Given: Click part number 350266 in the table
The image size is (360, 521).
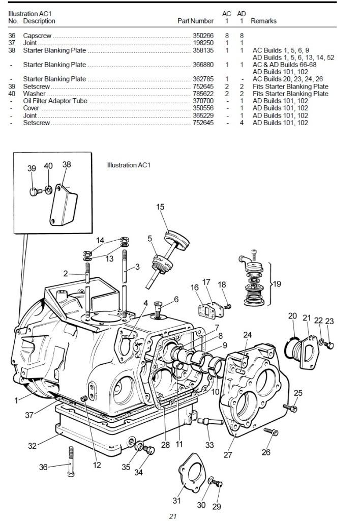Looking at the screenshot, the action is [x=203, y=36].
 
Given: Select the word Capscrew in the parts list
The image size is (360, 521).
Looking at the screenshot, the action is [x=37, y=36].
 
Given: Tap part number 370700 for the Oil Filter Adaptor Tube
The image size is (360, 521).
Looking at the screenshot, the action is [x=203, y=101].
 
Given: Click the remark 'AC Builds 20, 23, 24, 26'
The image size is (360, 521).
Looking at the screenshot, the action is [x=288, y=79].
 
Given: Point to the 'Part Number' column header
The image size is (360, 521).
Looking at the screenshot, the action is [x=195, y=21].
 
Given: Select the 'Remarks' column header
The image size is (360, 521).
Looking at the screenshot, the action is [x=263, y=21].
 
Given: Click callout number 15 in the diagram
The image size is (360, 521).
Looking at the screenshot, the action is [x=160, y=207].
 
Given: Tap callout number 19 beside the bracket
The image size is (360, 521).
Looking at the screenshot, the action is [x=277, y=284].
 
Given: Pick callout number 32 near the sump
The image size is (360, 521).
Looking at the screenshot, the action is [x=32, y=446].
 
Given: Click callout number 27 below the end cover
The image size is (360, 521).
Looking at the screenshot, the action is [x=228, y=454].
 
